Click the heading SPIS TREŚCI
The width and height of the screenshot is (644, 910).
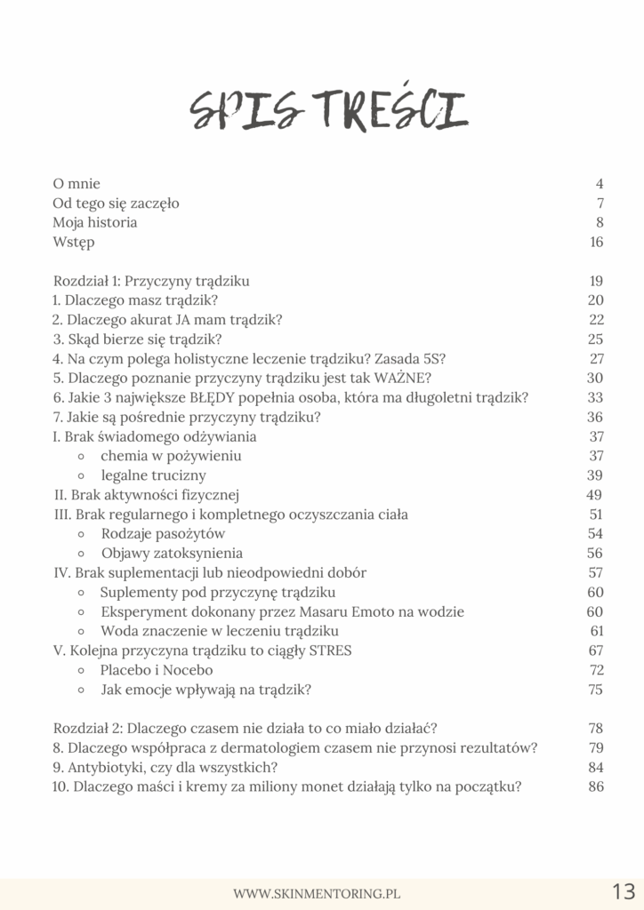(x=328, y=111)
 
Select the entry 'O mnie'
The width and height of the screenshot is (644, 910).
(x=76, y=184)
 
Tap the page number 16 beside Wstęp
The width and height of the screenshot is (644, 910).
(x=596, y=243)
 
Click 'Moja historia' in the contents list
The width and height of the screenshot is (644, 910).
(x=95, y=223)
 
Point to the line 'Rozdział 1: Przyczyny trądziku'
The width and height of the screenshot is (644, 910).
(x=151, y=282)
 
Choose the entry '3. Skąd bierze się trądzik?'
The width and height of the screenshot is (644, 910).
(x=137, y=340)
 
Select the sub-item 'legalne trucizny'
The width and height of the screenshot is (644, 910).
(x=153, y=475)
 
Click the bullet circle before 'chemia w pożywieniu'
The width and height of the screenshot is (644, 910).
(x=81, y=457)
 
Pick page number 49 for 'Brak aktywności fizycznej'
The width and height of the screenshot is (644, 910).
(x=595, y=495)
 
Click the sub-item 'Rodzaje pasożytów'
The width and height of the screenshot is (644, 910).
(x=163, y=534)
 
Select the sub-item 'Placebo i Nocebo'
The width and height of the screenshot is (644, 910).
(x=157, y=671)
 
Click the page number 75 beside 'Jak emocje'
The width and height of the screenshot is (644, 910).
(x=595, y=690)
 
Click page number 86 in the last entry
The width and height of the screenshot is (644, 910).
(x=595, y=787)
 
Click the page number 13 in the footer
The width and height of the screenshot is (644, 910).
(x=623, y=892)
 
